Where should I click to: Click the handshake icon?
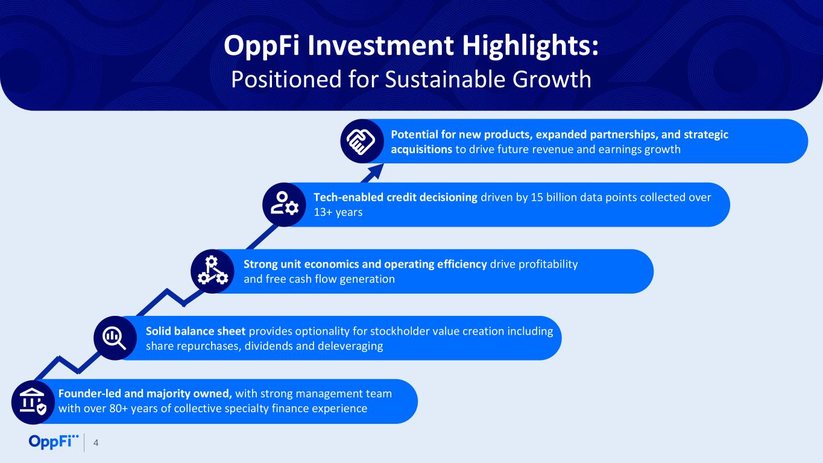pyautogui.click(x=361, y=141)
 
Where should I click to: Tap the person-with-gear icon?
pyautogui.click(x=285, y=204)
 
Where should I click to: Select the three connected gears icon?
pyautogui.click(x=212, y=271)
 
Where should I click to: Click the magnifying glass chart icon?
pyautogui.click(x=115, y=338)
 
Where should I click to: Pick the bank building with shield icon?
pyautogui.click(x=33, y=402)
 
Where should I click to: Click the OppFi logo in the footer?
pyautogui.click(x=54, y=441)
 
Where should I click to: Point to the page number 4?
pyautogui.click(x=96, y=443)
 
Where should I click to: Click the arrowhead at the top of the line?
pyautogui.click(x=375, y=172)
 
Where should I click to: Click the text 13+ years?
pyautogui.click(x=338, y=212)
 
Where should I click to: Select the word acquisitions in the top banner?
pyautogui.click(x=421, y=150)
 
